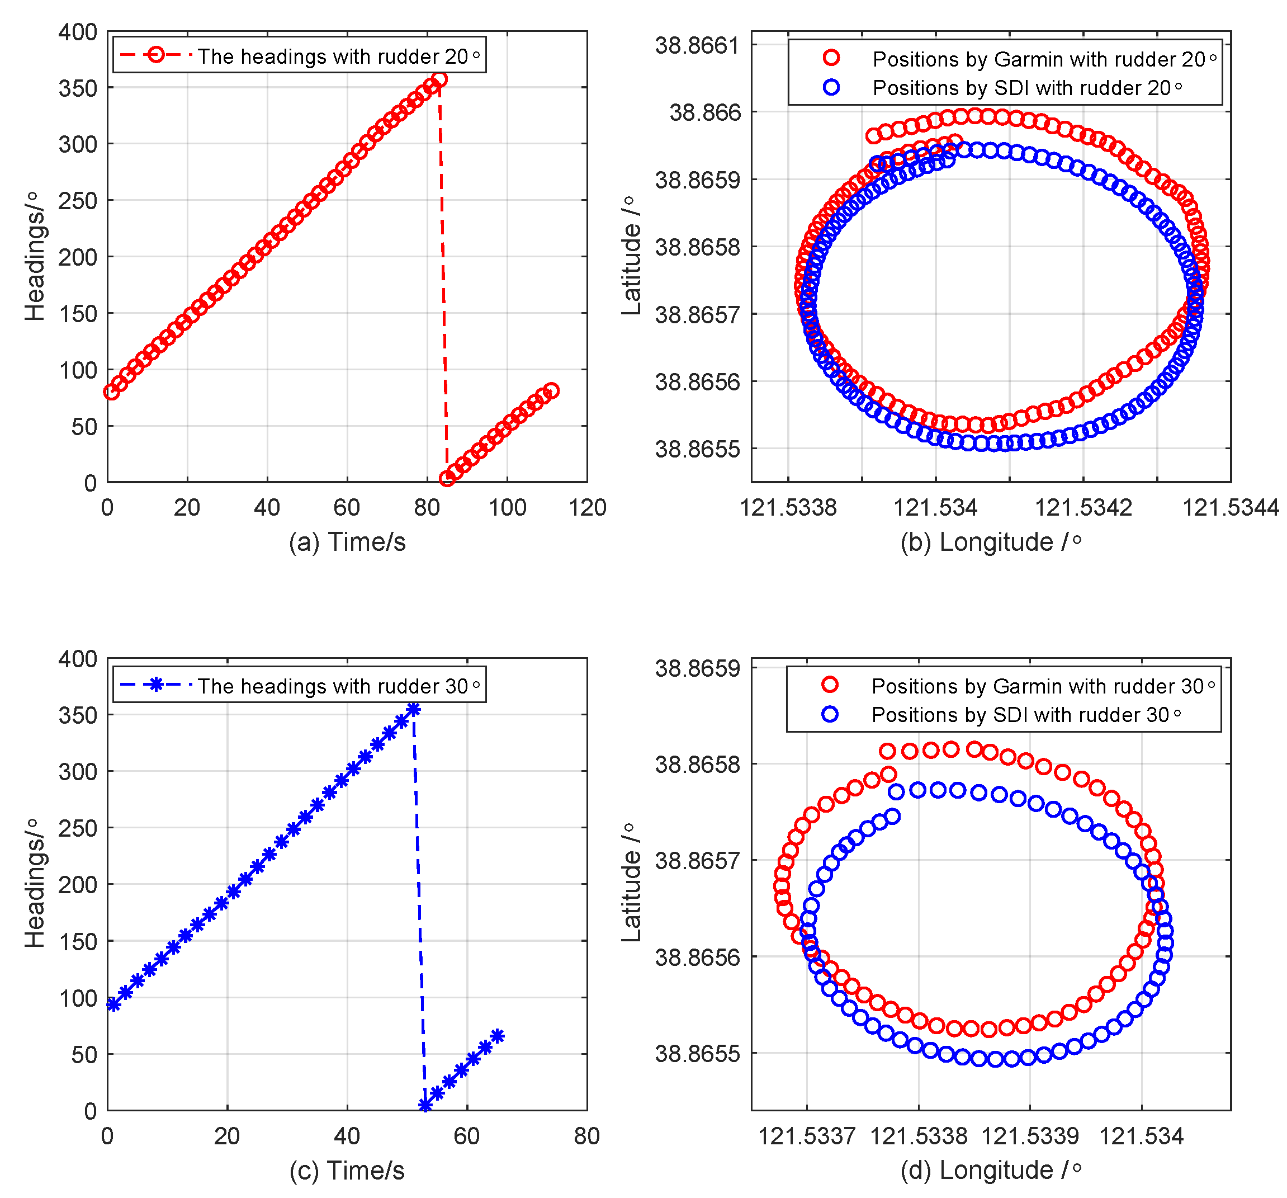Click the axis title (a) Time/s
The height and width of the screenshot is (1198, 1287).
coord(347,543)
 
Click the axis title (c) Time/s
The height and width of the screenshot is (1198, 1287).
coord(347,1171)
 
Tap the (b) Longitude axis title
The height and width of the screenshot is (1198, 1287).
coord(991,543)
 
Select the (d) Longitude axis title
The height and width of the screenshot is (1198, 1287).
coord(991,1171)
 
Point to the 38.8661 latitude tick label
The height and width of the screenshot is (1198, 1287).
coord(697,46)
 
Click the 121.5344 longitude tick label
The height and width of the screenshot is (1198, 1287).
coord(1230,508)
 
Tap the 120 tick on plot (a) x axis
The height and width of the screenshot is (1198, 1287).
coord(587,508)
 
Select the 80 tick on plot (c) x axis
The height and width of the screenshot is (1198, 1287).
coord(586,1136)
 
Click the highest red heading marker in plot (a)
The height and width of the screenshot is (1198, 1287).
coord(439,79)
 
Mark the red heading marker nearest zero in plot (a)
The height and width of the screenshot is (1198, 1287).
coord(447,479)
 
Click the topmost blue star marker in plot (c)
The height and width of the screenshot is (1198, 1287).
coord(414,710)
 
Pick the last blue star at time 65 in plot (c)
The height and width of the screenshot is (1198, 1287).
coord(497,1036)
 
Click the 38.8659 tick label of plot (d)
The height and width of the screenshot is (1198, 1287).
coord(697,668)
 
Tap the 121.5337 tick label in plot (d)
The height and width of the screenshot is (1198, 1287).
coord(807,1136)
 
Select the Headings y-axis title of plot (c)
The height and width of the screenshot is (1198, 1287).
coord(35,883)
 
